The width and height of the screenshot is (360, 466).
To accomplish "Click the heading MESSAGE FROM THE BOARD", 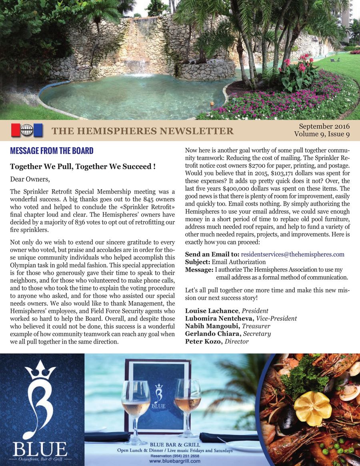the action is pyautogui.click(x=52, y=151).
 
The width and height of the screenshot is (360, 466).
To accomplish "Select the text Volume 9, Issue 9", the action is pyautogui.click(x=322, y=134).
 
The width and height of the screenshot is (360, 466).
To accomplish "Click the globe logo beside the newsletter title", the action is pyautogui.click(x=27, y=130).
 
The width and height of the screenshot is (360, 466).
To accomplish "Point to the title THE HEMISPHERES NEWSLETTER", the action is pyautogui.click(x=143, y=131).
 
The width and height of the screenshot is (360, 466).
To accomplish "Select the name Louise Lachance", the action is pyautogui.click(x=212, y=311).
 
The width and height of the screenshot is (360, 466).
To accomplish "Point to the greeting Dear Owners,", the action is pyautogui.click(x=30, y=179).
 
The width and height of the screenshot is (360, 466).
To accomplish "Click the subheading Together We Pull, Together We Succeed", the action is pyautogui.click(x=82, y=166).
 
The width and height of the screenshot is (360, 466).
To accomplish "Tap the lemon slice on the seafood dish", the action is pyautogui.click(x=312, y=408).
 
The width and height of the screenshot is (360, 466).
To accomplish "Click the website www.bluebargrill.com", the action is pyautogui.click(x=174, y=461).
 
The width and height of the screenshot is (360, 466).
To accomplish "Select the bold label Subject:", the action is pyautogui.click(x=198, y=262).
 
